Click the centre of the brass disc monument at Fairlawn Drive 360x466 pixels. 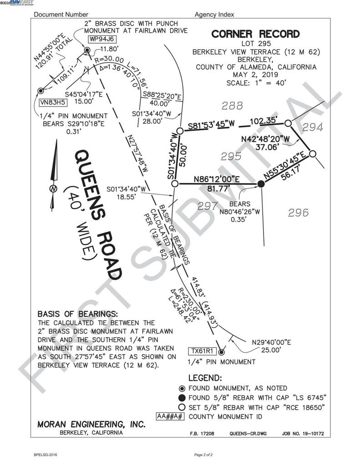coord(87,50)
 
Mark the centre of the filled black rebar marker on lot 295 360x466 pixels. coord(261,184)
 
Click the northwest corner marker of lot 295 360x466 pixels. coord(180,131)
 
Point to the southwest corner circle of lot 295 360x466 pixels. coord(175,184)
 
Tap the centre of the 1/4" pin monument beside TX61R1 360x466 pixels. coord(221,352)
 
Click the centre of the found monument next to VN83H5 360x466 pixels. coord(41,91)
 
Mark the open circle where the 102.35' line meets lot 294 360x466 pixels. coord(288,123)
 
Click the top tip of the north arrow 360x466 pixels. coord(56,140)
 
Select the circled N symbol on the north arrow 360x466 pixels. coord(53,189)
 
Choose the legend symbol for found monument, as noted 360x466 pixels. coord(182,389)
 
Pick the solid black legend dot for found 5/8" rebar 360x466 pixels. coord(182,398)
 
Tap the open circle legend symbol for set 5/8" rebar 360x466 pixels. coord(182,407)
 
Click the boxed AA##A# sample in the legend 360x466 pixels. coord(171,416)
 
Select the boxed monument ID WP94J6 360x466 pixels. coord(102,39)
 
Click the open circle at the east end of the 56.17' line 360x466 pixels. coord(312,154)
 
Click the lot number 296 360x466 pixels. coord(298,213)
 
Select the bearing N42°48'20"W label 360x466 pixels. coord(265,139)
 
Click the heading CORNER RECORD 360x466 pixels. coord(255,34)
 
